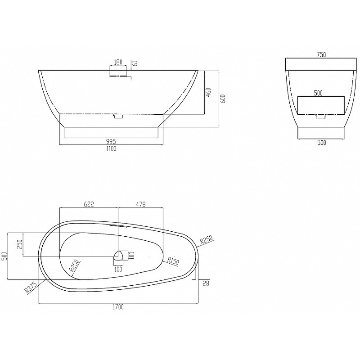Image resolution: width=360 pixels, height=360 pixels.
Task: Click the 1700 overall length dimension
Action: pos(118,307)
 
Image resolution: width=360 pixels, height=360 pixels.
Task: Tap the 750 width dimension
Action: pos(321,54)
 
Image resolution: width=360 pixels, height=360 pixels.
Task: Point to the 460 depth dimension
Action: pos(208,92)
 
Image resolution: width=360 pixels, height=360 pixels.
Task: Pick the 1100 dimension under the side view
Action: pos(111,149)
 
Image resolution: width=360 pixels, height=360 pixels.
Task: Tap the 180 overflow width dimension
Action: pos(118,62)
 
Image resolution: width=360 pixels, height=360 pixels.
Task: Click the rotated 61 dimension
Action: pos(135,63)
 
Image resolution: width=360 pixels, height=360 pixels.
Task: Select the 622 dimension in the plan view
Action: pos(89,204)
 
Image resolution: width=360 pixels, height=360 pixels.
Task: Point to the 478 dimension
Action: pos(141,204)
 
